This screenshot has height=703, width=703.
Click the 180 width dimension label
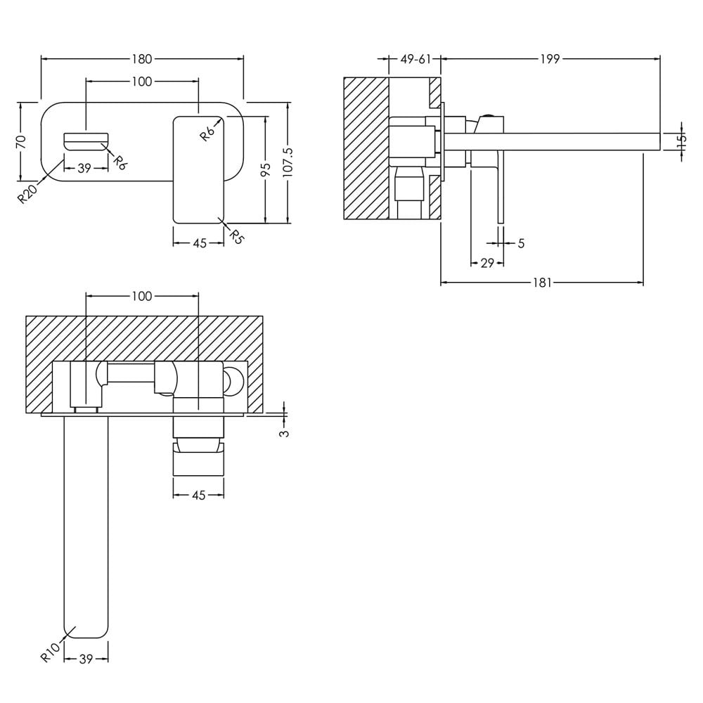142,59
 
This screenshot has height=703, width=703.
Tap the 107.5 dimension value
288,162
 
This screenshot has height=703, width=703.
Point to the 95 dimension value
266,169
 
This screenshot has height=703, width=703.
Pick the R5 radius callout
236,236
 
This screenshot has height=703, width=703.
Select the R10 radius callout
50,652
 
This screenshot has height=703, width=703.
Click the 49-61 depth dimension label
415,59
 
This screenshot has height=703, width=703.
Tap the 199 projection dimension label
550,59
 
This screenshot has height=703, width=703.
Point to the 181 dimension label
542,283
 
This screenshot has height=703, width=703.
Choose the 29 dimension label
487,263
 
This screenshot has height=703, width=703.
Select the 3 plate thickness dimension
284,433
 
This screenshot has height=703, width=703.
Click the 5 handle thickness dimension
521,243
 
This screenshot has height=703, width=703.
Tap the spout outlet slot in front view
86,141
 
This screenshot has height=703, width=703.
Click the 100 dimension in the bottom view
142,296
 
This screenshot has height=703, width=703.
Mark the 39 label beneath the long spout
86,659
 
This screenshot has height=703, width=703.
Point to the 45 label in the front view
200,243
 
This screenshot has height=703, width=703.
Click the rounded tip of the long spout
86,637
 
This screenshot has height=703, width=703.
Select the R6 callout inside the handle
207,133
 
